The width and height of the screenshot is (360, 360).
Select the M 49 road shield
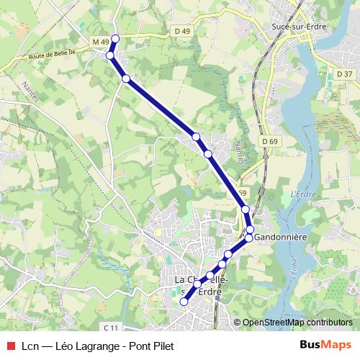101,42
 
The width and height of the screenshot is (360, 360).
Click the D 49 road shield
181,31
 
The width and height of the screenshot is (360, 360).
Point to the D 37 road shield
344,74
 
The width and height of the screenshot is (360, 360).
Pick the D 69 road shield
270,141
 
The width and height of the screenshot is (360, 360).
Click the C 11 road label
110,328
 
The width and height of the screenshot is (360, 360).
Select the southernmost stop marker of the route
184,302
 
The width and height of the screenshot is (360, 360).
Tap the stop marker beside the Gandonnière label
249,238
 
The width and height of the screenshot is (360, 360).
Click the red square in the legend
9,346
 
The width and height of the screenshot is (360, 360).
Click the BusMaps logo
325,345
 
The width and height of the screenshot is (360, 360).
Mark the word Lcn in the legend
30,346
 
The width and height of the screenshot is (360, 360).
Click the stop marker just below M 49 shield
110,55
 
